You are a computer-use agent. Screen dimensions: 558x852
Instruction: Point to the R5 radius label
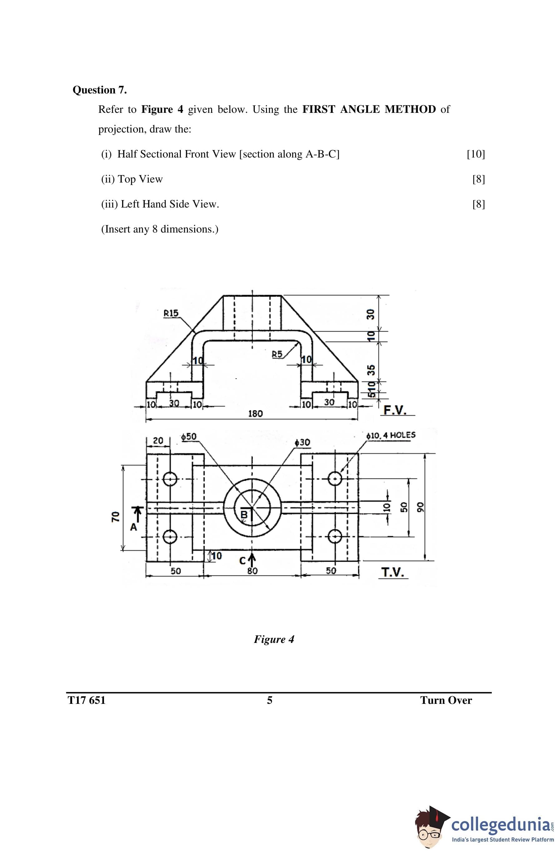[277, 354]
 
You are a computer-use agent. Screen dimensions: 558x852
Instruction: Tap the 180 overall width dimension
[255, 413]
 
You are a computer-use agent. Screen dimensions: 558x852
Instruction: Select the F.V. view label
[395, 409]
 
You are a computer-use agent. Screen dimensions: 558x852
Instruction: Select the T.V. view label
[393, 572]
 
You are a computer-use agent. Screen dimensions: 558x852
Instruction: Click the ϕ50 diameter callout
[189, 437]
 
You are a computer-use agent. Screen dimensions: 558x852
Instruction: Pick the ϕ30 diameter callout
[302, 443]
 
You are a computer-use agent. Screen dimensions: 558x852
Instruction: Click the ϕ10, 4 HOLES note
[391, 435]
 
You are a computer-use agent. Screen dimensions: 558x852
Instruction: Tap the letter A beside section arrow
[133, 527]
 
